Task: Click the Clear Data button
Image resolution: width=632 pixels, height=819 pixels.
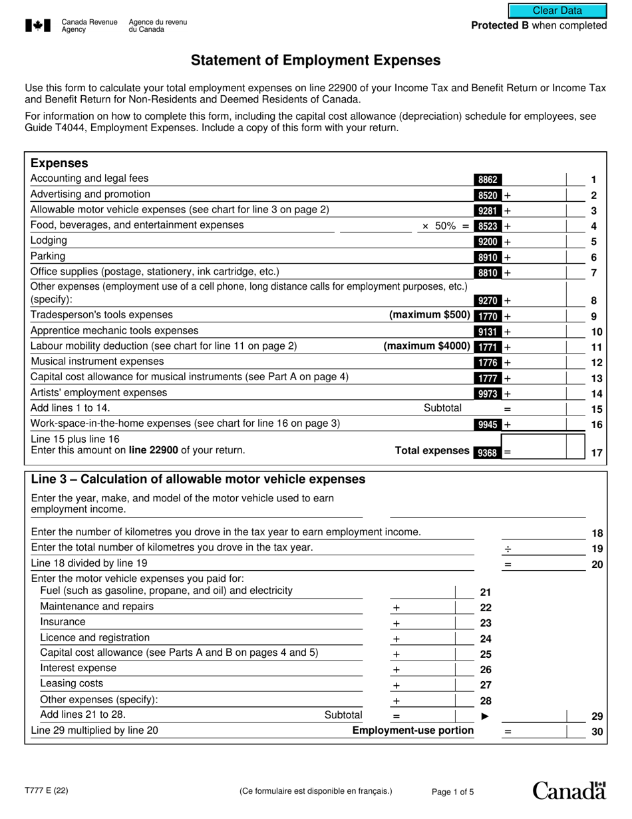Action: click(557, 11)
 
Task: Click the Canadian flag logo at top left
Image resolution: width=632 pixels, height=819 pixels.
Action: click(38, 26)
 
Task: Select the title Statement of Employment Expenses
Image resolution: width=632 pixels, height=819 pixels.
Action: click(315, 61)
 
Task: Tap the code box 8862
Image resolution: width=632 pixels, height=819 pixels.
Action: click(488, 179)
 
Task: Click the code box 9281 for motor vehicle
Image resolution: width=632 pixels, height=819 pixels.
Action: click(488, 210)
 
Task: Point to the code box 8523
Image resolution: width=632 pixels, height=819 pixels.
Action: click(488, 226)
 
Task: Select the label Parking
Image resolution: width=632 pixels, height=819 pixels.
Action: click(48, 256)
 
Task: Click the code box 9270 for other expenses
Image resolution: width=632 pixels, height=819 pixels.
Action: click(488, 300)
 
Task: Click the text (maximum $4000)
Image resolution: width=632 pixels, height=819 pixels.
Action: click(426, 346)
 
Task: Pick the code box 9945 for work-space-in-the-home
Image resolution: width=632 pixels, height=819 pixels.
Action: click(488, 424)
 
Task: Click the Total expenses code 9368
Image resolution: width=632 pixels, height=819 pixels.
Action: click(488, 452)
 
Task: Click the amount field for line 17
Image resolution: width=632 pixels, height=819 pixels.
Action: click(543, 447)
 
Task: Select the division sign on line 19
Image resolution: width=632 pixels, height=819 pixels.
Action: click(508, 549)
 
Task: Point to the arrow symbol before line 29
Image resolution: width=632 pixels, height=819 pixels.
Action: click(485, 716)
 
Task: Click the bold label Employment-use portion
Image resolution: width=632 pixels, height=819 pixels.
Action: click(412, 731)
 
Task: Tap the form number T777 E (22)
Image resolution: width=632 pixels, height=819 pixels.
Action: click(46, 792)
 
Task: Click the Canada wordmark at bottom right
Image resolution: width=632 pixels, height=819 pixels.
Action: click(569, 790)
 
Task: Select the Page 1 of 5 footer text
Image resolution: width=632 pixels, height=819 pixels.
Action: click(453, 792)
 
